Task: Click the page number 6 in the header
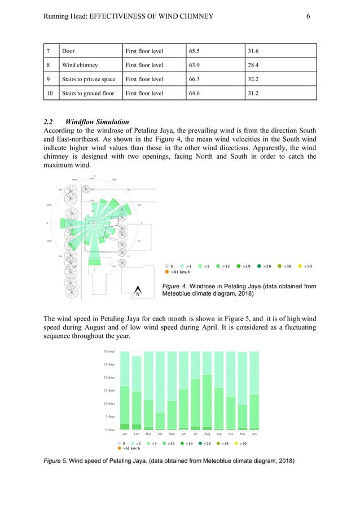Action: click(308, 16)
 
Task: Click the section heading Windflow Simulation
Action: click(96, 122)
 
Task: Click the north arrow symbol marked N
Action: click(137, 293)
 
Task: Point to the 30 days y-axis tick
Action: click(109, 352)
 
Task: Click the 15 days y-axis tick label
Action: click(109, 390)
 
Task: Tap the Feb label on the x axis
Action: click(137, 435)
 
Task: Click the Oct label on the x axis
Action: click(231, 435)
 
